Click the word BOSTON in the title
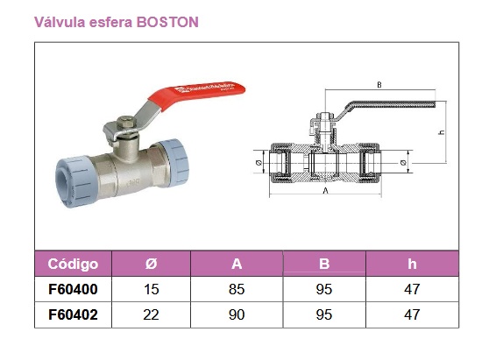coord(167,22)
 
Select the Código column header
coord(73,264)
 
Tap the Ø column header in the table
coord(151,264)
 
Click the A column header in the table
coord(237,264)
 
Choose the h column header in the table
coord(412,264)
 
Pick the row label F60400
coord(73,289)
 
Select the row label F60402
coord(73,314)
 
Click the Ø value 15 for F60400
coord(151,289)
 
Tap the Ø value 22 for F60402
coord(151,314)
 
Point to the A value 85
coord(237,289)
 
